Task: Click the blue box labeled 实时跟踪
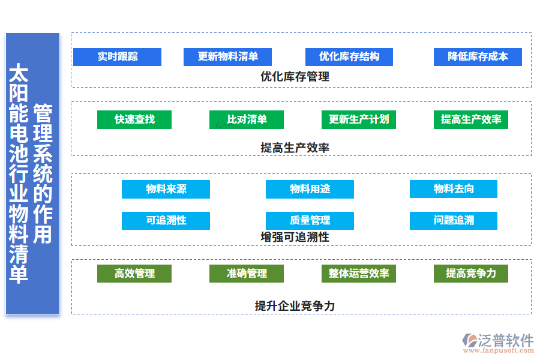tap(117, 57)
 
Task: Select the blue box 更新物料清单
tap(227, 57)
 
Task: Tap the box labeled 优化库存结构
tap(349, 57)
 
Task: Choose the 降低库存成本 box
tap(478, 57)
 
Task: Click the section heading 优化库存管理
tap(295, 76)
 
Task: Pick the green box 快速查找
tap(134, 119)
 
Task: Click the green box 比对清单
tap(247, 119)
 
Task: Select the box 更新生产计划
tap(358, 119)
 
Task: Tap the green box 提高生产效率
tap(470, 119)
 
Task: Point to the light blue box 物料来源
tap(166, 189)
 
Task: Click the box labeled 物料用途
tap(310, 189)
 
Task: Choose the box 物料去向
tap(453, 189)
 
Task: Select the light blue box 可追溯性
tap(166, 220)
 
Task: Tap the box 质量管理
tap(310, 220)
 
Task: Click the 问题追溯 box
tap(453, 220)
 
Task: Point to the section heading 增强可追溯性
tap(295, 237)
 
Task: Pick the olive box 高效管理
tap(134, 274)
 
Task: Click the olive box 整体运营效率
tap(358, 274)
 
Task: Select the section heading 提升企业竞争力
tap(295, 306)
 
